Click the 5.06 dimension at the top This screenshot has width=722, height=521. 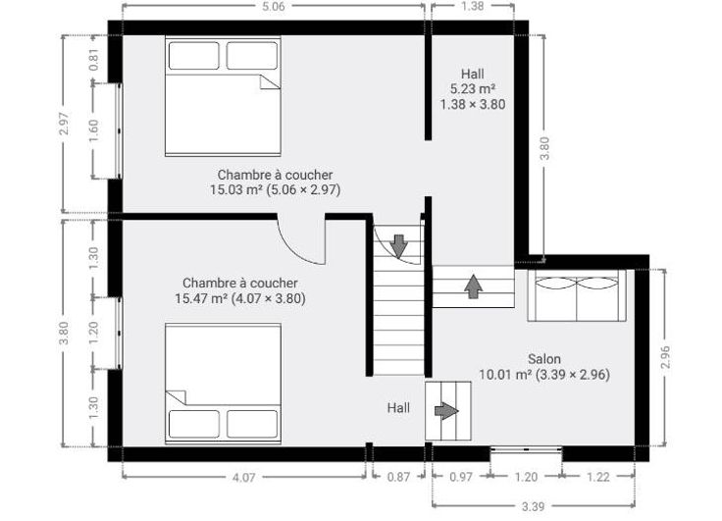click(274, 6)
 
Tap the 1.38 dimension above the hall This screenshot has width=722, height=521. click(473, 6)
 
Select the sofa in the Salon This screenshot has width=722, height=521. click(577, 295)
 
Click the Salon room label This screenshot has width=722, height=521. click(544, 359)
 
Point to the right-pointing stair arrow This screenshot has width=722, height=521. click(446, 410)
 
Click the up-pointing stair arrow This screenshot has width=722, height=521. click(474, 287)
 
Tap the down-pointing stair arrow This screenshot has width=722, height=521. click(398, 246)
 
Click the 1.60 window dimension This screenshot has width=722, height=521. click(93, 130)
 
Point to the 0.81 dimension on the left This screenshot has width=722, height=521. click(93, 59)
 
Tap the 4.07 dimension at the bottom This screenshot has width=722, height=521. click(243, 477)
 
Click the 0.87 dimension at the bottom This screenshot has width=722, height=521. click(398, 477)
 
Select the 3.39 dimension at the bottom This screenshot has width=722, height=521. click(534, 506)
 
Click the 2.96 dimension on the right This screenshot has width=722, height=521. click(665, 357)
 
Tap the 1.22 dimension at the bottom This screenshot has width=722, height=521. click(598, 477)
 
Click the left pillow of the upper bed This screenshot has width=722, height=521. click(194, 56)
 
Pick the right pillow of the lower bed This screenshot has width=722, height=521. click(252, 424)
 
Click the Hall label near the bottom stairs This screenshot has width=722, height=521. click(398, 408)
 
